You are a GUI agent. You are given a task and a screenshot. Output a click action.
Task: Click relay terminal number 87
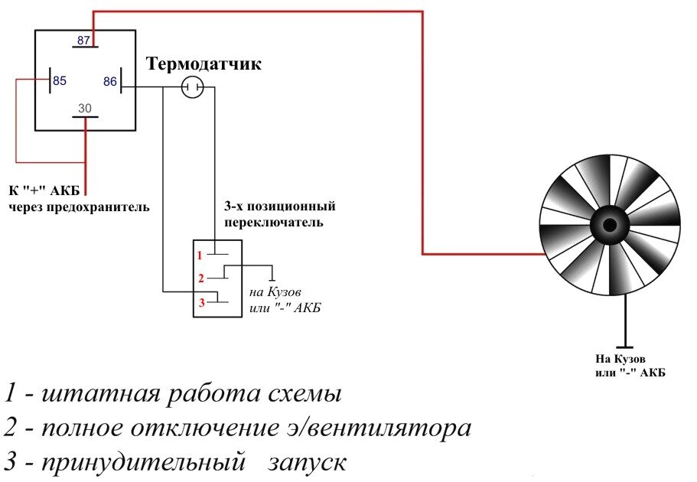point(84,40)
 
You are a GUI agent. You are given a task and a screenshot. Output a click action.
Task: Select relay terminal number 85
point(59,80)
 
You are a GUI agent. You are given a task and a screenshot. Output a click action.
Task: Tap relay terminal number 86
point(110,81)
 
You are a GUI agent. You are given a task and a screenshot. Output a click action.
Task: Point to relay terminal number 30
point(84,109)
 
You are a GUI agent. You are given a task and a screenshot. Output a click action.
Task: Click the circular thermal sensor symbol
point(192,88)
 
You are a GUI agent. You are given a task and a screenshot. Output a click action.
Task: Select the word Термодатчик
point(204,64)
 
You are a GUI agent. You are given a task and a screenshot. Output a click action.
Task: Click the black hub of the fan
point(610,225)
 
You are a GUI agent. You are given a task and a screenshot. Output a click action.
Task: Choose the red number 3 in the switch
point(201,303)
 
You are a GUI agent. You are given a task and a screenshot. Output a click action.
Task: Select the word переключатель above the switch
point(273,223)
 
